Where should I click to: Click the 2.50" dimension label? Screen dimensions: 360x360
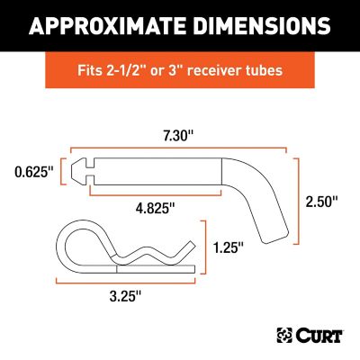(x=323, y=202)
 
